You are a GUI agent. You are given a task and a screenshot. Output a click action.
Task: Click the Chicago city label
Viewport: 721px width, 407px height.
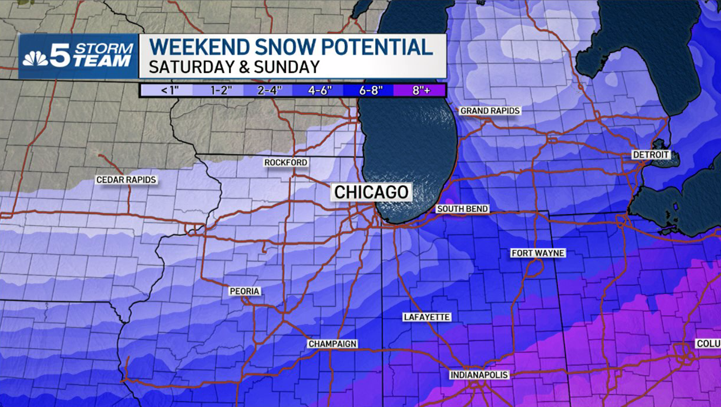[x=371, y=192]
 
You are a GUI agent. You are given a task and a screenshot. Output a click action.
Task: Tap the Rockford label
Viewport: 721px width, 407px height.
[x=285, y=163]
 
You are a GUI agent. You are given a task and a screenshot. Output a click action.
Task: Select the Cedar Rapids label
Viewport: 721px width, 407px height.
[x=126, y=180]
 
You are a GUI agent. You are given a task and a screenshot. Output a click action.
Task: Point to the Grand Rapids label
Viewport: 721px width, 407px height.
[x=489, y=111]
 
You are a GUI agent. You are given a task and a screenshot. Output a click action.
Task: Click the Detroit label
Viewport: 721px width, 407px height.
[x=651, y=155]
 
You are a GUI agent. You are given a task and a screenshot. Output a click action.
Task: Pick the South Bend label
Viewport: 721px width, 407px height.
[x=462, y=209]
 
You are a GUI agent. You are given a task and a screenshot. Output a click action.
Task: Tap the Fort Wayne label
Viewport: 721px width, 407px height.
[x=538, y=253]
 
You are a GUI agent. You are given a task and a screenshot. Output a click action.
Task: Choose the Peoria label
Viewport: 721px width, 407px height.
[x=244, y=291]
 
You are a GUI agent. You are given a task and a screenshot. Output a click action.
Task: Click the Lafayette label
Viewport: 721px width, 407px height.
[x=427, y=317]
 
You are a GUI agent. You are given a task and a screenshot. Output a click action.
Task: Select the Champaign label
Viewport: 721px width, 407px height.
[x=333, y=344]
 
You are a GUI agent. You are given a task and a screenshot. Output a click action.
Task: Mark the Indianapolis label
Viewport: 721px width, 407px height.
[x=479, y=375]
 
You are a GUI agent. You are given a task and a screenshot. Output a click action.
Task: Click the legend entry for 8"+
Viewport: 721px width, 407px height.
[x=421, y=90]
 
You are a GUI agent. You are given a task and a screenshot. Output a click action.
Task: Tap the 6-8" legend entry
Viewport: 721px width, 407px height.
[x=371, y=90]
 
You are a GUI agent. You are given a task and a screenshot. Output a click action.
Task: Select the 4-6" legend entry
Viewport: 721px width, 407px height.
[x=320, y=90]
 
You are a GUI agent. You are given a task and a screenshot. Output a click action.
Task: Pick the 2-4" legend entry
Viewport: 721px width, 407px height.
[x=270, y=90]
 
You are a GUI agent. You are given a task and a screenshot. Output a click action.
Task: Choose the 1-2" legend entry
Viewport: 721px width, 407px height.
[x=221, y=90]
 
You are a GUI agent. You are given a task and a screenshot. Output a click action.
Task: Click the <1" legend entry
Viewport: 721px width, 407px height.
[x=170, y=90]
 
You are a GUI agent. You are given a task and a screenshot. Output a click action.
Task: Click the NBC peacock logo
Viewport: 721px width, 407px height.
[x=35, y=58]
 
